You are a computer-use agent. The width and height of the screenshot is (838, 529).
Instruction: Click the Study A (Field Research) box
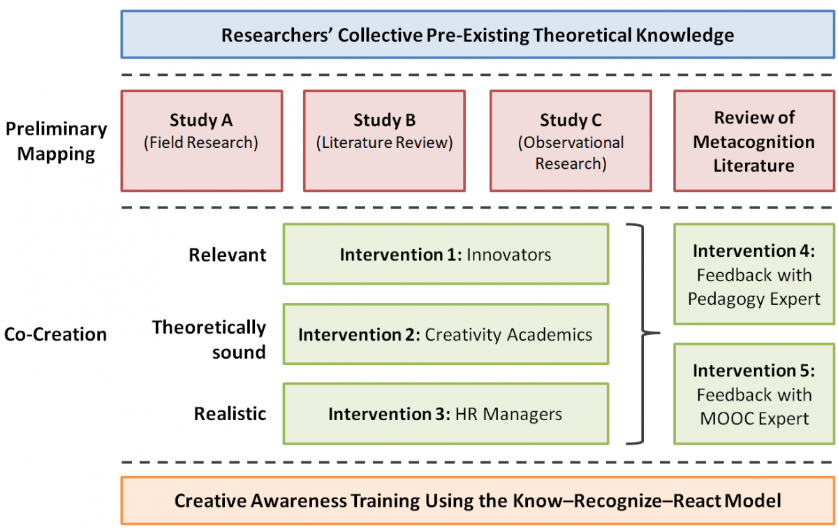pyautogui.click(x=202, y=141)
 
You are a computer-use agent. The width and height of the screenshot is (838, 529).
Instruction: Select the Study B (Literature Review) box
pyautogui.click(x=384, y=141)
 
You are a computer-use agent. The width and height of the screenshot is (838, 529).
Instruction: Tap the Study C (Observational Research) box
pyautogui.click(x=571, y=141)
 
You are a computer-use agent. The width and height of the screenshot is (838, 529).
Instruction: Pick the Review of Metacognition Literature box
pyautogui.click(x=754, y=141)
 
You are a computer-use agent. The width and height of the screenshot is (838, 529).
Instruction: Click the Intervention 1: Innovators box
pyautogui.click(x=446, y=254)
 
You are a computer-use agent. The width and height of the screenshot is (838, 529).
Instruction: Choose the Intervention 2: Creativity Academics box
pyautogui.click(x=446, y=334)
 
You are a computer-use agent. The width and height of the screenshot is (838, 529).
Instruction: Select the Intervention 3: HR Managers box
pyautogui.click(x=446, y=414)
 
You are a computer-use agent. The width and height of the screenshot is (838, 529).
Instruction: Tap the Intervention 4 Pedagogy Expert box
pyautogui.click(x=754, y=274)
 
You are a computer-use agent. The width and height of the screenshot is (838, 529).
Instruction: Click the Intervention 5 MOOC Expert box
pyautogui.click(x=754, y=394)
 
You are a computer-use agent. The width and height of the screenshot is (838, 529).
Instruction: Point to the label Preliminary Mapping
pyautogui.click(x=56, y=141)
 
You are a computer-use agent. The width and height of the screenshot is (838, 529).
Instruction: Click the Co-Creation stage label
pyautogui.click(x=55, y=334)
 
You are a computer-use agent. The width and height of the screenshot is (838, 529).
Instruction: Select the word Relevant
pyautogui.click(x=228, y=255)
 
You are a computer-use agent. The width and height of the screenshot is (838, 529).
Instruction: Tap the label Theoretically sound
pyautogui.click(x=209, y=339)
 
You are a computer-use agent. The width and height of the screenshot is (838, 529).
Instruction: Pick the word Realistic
pyautogui.click(x=230, y=414)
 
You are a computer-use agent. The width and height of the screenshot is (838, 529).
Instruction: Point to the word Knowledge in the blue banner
pyautogui.click(x=685, y=36)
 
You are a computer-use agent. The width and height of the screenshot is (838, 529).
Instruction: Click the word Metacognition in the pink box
pyautogui.click(x=754, y=142)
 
